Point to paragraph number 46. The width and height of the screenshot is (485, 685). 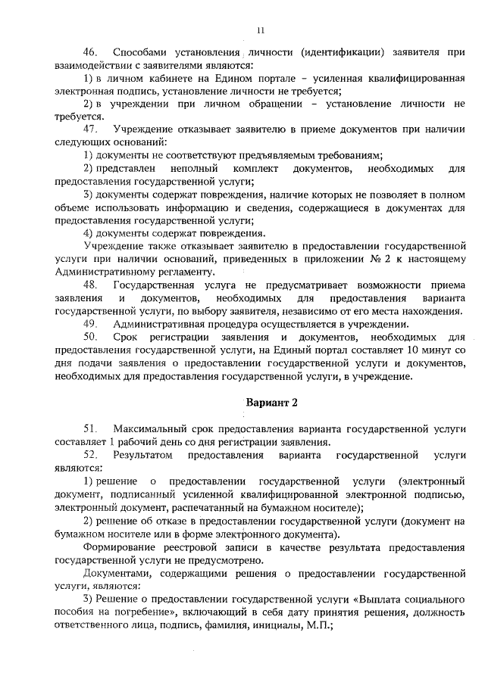[91, 51]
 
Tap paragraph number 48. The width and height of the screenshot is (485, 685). [91, 284]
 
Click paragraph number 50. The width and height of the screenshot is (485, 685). [91, 335]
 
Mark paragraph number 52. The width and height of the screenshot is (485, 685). [91, 455]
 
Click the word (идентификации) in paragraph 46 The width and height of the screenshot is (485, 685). [342, 51]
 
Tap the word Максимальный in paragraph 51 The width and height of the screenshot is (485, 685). [152, 429]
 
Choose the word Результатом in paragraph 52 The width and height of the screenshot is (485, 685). [143, 455]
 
